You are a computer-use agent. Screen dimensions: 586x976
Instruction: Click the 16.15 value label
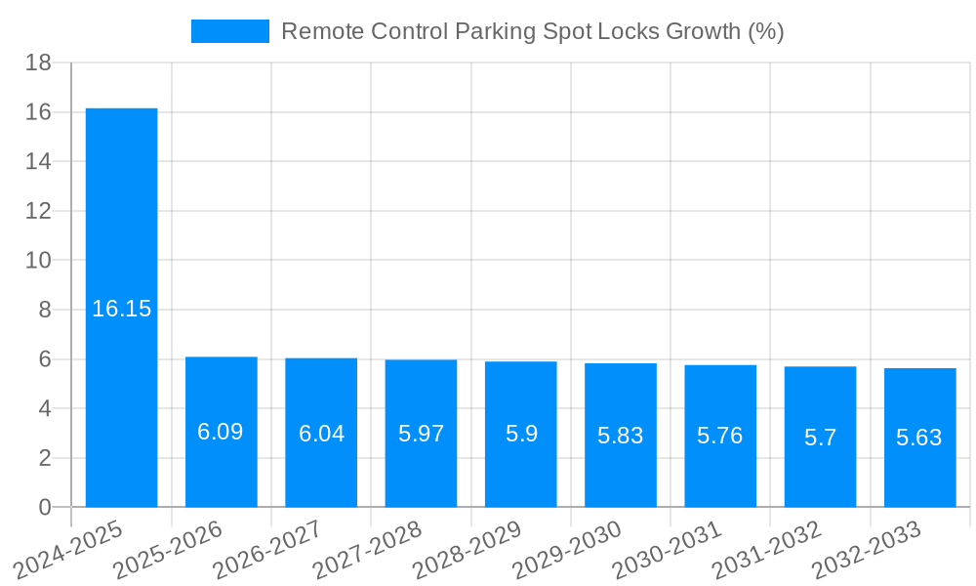(122, 309)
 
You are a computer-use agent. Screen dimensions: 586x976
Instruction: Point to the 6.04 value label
(321, 434)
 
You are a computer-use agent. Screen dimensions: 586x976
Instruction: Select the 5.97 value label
(421, 434)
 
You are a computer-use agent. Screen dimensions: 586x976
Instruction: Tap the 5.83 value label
(621, 436)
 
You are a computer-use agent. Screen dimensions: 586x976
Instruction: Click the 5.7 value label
(820, 437)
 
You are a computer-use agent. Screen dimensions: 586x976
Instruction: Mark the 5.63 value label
(919, 438)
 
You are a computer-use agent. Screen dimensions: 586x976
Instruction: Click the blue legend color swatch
(230, 31)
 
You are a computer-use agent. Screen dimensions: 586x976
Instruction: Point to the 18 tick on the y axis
(39, 63)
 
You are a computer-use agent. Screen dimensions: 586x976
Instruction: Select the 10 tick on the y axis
(39, 261)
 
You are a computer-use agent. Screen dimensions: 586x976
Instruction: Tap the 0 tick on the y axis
(45, 507)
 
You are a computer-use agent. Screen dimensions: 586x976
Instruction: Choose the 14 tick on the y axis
(39, 161)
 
